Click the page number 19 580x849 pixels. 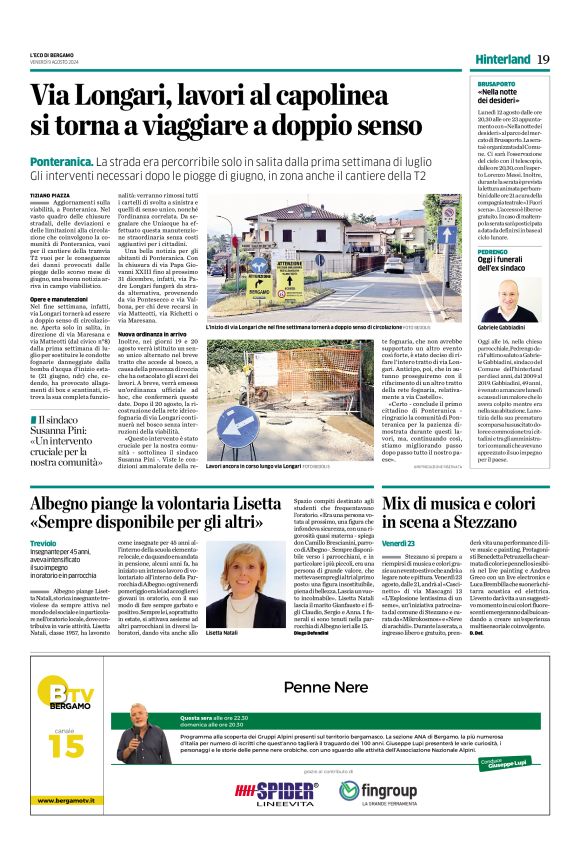pyautogui.click(x=543, y=59)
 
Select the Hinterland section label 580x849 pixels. pyautogui.click(x=503, y=59)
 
